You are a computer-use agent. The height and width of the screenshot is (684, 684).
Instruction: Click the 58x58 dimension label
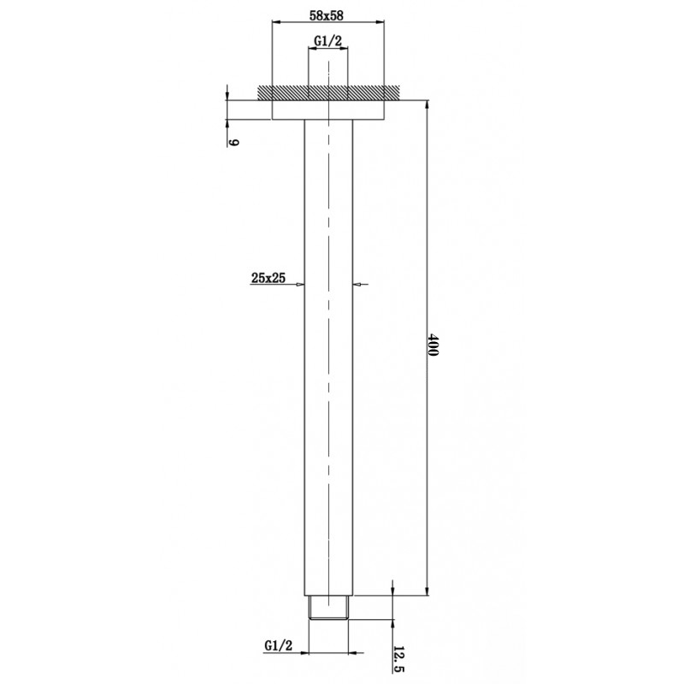[x=329, y=15]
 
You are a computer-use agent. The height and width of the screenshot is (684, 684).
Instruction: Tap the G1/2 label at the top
[x=328, y=40]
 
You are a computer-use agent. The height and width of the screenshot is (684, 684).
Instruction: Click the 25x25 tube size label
[x=268, y=277]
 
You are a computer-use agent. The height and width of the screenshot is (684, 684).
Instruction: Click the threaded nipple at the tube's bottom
[x=328, y=608]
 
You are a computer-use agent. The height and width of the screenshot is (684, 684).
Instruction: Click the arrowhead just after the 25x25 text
[x=301, y=286]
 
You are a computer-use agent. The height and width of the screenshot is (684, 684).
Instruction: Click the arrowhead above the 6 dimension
[x=227, y=94]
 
